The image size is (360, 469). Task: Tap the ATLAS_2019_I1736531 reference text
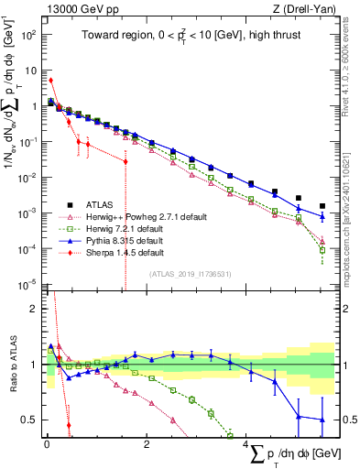[191, 274]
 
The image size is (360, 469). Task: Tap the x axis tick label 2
[147, 445]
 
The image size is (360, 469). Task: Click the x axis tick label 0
[47, 445]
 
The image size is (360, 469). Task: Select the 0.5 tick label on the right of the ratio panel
[345, 420]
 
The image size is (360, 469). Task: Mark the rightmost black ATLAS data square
[322, 206]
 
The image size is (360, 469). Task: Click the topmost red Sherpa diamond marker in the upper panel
[51, 81]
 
